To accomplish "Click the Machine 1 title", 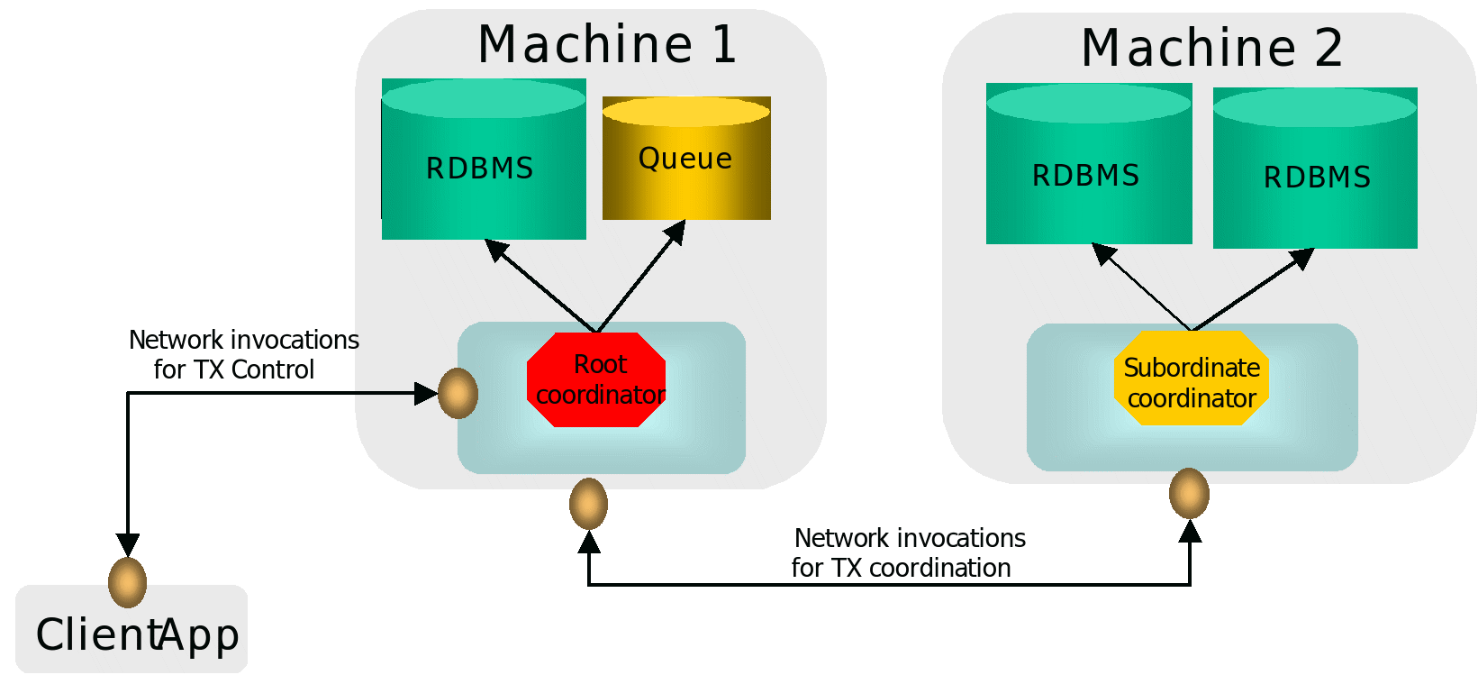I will (x=607, y=44).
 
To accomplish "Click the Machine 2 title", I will (x=1211, y=48).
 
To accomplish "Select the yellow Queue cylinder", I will (x=686, y=160).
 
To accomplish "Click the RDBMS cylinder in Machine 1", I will (x=484, y=168).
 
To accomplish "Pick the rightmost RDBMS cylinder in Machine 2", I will (x=1315, y=177).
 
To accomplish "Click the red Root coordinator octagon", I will (x=596, y=379).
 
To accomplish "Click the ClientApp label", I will (x=137, y=634).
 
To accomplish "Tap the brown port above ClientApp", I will (x=127, y=582).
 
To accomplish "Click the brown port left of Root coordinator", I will (x=458, y=393).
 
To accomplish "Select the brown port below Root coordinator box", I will (x=588, y=504).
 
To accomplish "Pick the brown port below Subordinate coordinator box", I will (x=1189, y=493).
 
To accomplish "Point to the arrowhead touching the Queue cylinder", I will (x=676, y=233).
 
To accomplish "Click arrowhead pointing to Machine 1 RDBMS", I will (x=496, y=249).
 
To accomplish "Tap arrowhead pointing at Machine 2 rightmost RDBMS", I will (x=1302, y=259).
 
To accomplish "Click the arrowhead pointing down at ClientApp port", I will (x=128, y=544).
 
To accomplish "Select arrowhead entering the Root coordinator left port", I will (x=426, y=393).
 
